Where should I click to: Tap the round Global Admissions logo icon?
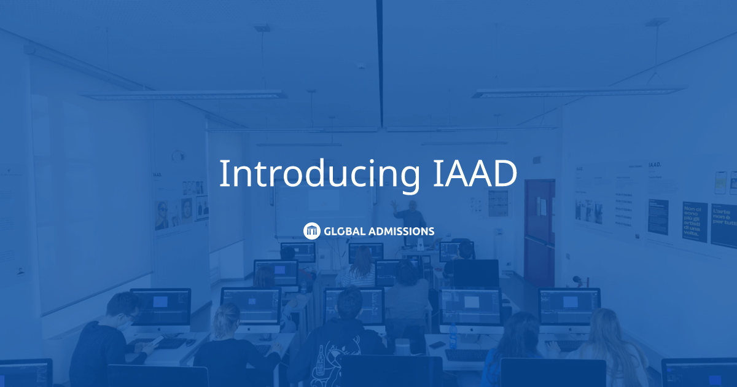click(312, 231)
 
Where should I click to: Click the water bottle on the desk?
click(453, 336)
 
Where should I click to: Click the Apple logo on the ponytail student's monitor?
click(251, 328)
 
